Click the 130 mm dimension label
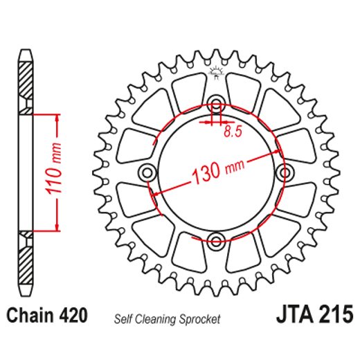click(x=218, y=172)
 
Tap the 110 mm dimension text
click(x=53, y=168)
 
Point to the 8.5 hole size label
click(x=233, y=132)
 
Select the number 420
click(x=73, y=315)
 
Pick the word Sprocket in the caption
click(x=200, y=319)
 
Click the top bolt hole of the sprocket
click(x=216, y=103)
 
